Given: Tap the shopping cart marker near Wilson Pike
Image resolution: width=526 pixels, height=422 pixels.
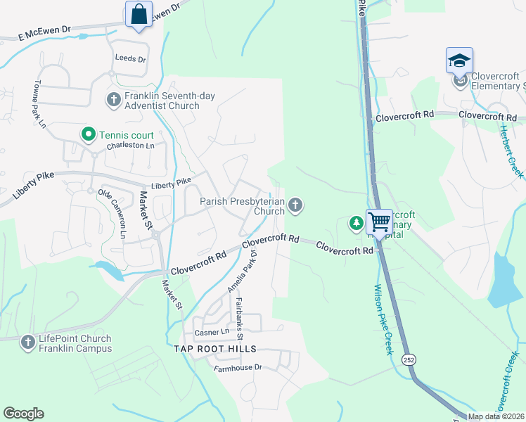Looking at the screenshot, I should coord(379,222).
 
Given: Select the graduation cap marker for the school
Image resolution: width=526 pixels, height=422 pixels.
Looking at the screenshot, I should coord(459,60).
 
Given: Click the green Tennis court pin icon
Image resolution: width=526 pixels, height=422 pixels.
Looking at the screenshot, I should coord(88,133).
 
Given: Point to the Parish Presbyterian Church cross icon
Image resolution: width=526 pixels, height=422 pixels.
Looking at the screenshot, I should coord(296,205).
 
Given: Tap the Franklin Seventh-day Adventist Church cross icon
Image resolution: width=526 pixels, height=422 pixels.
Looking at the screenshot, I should coord(113,100).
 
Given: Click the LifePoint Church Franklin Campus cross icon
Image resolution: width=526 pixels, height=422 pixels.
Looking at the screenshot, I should coord(27,343).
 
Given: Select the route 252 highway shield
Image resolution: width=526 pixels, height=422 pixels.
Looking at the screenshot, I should coord(409,359).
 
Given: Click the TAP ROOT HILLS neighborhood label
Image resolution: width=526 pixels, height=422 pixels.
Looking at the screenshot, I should coord(216,349).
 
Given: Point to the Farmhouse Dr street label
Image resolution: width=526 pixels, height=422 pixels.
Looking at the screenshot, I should coord(238,367).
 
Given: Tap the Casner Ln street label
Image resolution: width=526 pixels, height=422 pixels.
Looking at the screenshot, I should coord(212,331).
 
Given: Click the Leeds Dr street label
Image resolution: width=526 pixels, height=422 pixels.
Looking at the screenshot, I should coord(131,60).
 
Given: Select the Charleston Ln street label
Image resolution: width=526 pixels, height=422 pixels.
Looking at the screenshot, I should coord(130,146).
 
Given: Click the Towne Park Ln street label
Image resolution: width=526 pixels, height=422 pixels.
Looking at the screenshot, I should coord(38,103).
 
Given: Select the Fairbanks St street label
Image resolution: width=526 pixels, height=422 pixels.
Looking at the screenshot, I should coord(239,318).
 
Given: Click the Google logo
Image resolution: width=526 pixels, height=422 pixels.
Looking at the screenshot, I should coord(23,414).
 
